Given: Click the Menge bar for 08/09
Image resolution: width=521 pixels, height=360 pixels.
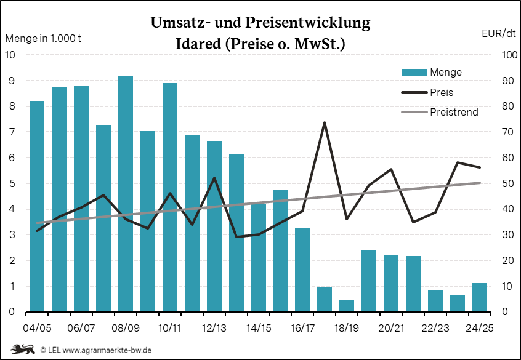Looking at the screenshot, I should click(x=126, y=194).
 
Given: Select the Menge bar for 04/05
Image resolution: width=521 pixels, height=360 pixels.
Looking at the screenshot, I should click(x=37, y=206).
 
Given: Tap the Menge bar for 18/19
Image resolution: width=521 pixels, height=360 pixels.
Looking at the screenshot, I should click(x=347, y=305).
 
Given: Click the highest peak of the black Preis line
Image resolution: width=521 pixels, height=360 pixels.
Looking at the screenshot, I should click(x=325, y=122).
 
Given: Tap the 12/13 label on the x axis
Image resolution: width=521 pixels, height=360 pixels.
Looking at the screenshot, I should click(x=214, y=327).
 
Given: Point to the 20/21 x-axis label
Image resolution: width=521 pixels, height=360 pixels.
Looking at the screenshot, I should click(x=391, y=327).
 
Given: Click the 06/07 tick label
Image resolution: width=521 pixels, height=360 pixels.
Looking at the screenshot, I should click(x=81, y=327).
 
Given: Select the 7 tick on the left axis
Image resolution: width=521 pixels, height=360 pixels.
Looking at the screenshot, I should click(x=11, y=132).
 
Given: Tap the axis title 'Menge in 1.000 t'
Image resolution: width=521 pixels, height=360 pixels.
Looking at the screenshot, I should click(x=43, y=38).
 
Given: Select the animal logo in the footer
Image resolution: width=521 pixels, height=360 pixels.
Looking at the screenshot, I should click(x=22, y=350).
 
